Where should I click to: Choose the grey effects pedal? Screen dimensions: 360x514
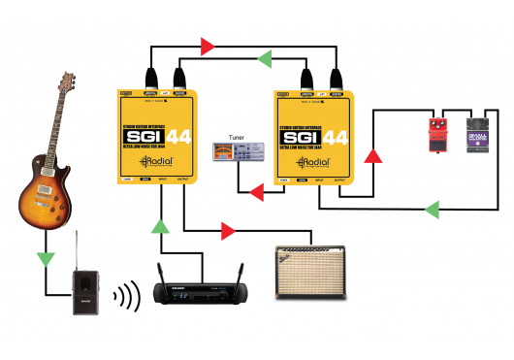tap(478, 136)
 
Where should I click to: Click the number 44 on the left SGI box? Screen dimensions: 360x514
tap(178, 137)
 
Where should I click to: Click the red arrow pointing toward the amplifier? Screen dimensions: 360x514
tap(228, 231)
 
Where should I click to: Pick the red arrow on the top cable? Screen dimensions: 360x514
tap(206, 45)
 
